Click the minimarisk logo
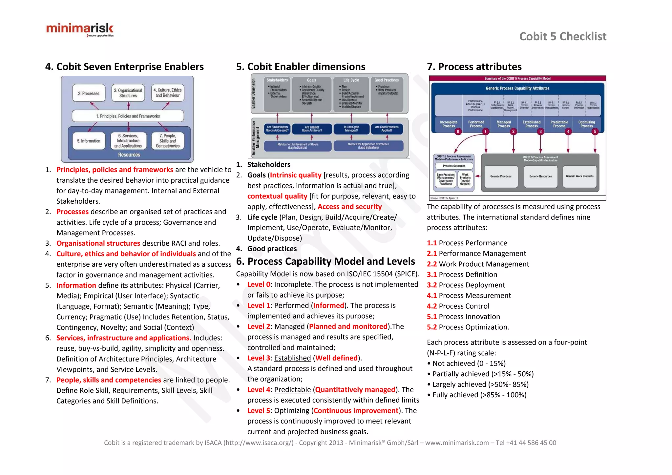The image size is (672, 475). pos(80,30)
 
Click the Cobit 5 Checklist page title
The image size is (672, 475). pos(562,36)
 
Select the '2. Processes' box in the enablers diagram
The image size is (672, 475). pos(89,93)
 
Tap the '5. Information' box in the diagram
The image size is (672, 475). pos(89,141)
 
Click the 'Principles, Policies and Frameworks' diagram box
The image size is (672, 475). pos(128,116)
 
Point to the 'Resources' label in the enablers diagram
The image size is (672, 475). pos(129,155)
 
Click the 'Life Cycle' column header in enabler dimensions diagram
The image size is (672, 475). pos(351,80)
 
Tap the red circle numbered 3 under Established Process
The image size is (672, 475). pos(540,132)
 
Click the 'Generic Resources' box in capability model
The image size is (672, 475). pos(540,176)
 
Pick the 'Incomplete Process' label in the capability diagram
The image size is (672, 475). pos(448,124)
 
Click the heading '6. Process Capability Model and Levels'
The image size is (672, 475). pos(325,261)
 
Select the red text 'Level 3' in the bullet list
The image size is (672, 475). pos(259,358)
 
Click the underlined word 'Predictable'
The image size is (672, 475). pos(292,390)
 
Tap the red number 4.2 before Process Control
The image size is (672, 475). pos(431,306)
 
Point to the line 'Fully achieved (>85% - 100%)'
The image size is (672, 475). pos(479,395)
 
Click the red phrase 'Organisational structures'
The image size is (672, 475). pos(98,243)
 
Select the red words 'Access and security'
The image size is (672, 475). pos(349,207)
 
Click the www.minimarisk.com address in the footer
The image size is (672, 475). pos(457,443)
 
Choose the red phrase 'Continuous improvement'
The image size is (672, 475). pos(356,411)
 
